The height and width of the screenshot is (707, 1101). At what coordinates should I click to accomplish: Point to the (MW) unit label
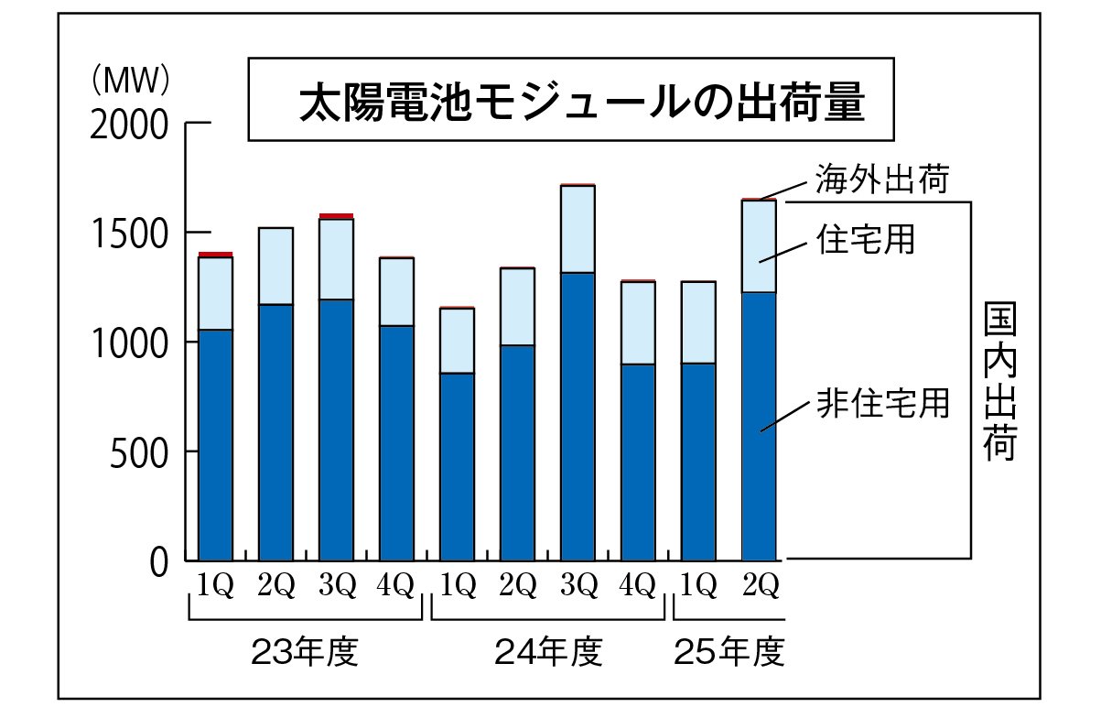click(x=131, y=81)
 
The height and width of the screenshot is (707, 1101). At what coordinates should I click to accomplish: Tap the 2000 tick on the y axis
click(x=129, y=124)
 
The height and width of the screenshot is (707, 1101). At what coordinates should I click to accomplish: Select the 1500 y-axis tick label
click(x=129, y=234)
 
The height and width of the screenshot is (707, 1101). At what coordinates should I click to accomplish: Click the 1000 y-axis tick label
click(x=129, y=343)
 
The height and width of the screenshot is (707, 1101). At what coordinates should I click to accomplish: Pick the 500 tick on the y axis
click(x=138, y=451)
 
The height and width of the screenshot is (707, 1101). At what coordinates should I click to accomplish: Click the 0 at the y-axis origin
click(x=158, y=561)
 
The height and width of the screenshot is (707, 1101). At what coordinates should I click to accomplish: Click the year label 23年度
click(x=303, y=653)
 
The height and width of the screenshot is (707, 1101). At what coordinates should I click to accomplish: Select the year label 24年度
click(x=548, y=653)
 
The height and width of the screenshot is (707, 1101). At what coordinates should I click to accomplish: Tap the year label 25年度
click(x=729, y=653)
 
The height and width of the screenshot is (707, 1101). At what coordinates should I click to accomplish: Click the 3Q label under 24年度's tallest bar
click(x=578, y=584)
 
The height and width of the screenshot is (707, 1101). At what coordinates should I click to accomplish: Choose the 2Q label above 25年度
click(x=759, y=584)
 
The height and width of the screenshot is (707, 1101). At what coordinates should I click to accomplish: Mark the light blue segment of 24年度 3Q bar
click(x=578, y=229)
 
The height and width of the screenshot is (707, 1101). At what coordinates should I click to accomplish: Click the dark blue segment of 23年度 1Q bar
click(x=216, y=444)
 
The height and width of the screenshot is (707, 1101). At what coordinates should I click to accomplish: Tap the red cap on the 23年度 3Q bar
click(x=336, y=216)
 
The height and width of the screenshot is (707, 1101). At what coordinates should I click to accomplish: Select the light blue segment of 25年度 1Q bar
click(x=698, y=322)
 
